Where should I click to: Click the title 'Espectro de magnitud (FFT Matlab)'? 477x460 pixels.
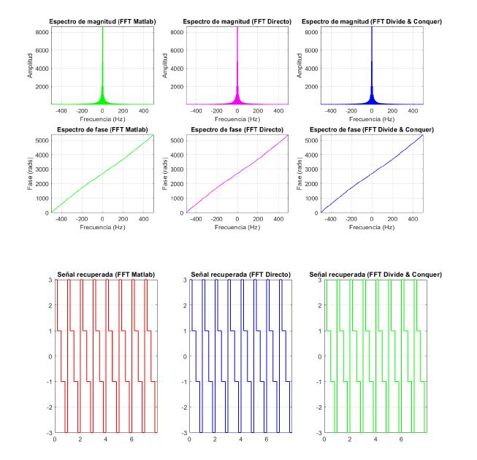(x=102, y=21)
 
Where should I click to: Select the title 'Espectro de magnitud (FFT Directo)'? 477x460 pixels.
(x=237, y=21)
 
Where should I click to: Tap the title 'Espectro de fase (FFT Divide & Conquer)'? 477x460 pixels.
(x=372, y=129)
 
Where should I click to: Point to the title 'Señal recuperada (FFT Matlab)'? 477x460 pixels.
(x=102, y=274)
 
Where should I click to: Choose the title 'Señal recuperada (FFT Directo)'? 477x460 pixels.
(x=237, y=274)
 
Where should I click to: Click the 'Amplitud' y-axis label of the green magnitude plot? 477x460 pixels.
(x=28, y=65)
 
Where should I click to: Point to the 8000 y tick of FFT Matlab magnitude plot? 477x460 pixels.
(x=42, y=32)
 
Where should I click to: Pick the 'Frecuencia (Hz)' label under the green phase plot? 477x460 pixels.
(x=102, y=226)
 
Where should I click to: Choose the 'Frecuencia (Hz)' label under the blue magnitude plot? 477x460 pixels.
(x=372, y=118)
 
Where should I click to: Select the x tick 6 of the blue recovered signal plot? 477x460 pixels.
(x=267, y=440)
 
